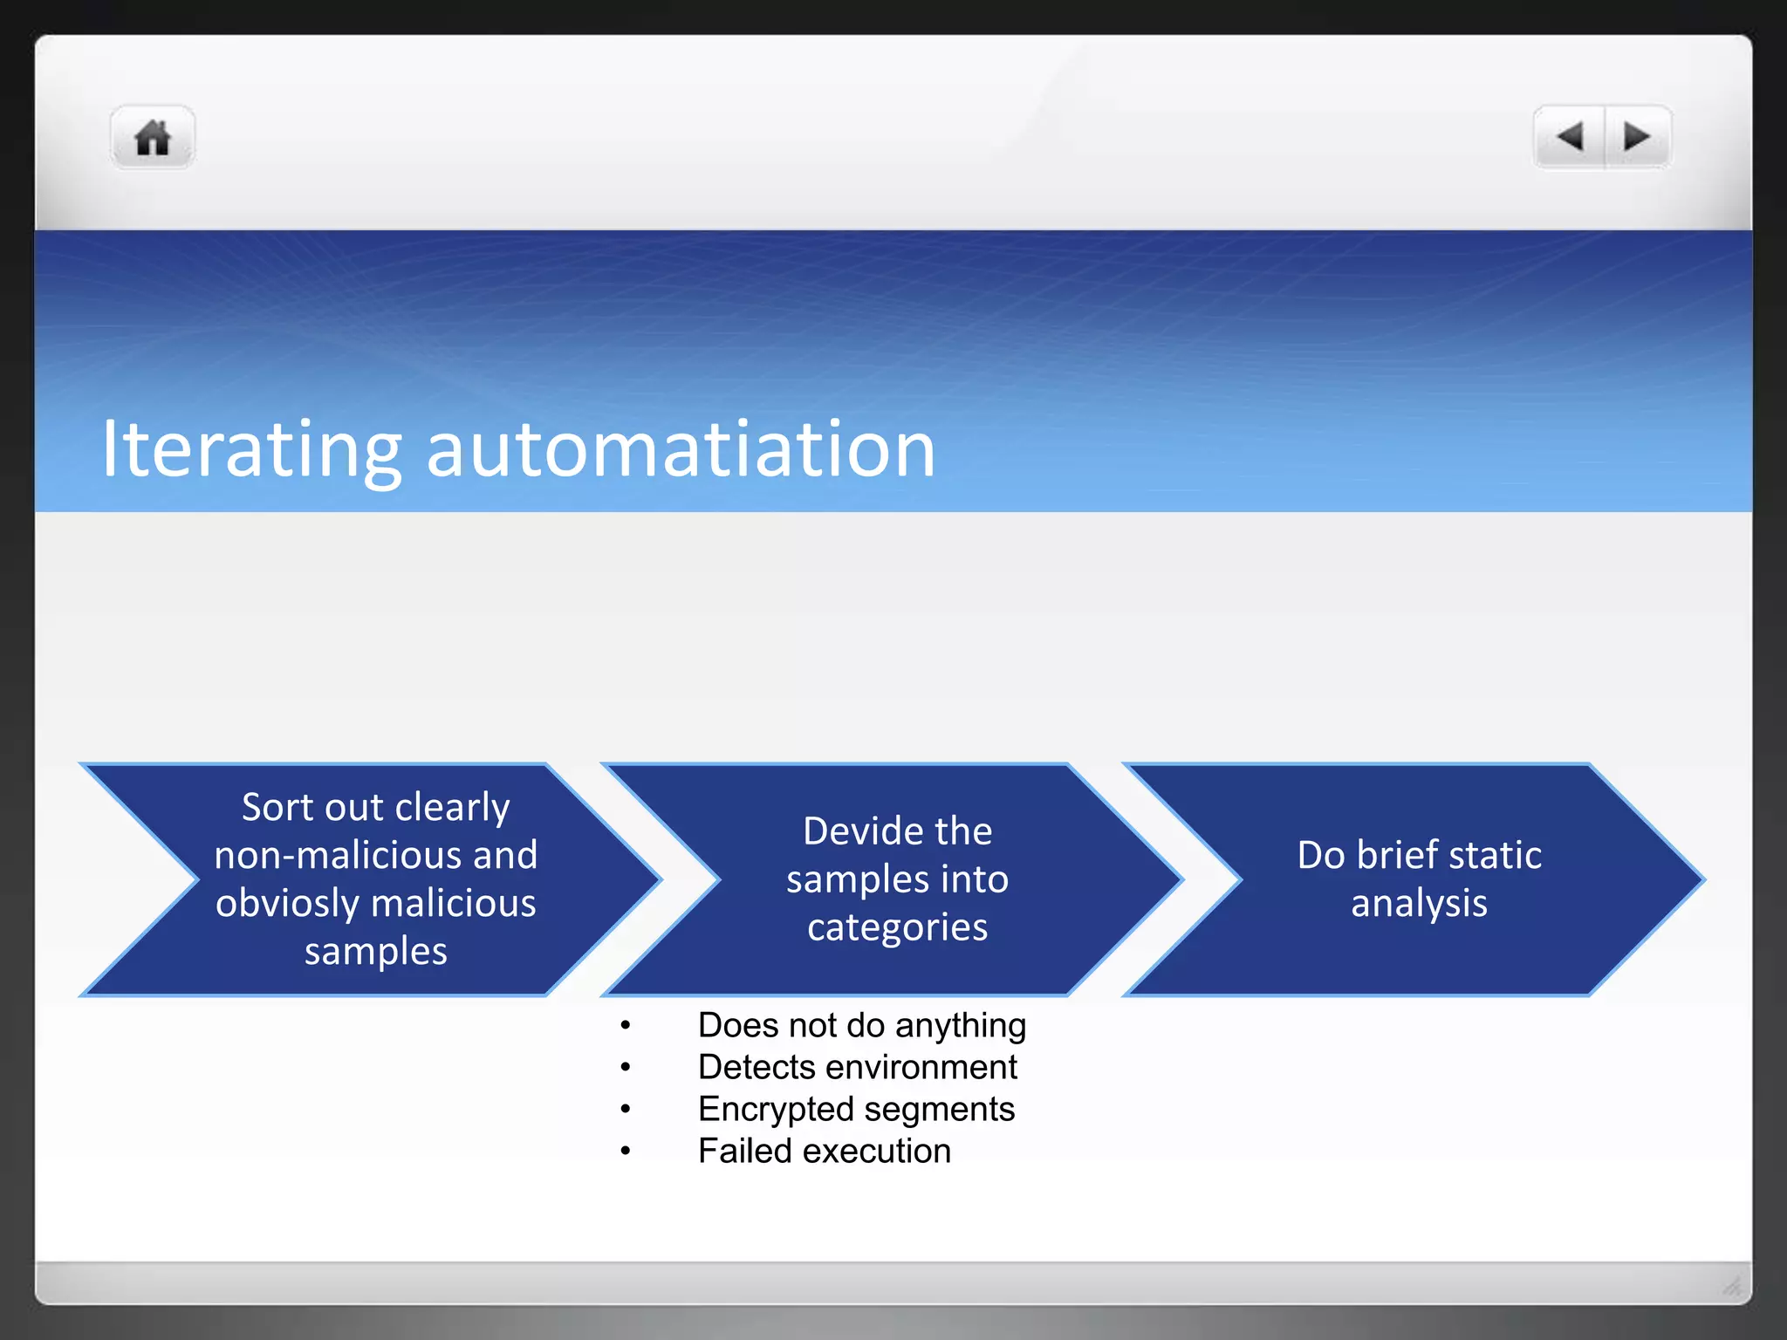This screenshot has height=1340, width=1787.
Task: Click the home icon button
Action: click(153, 138)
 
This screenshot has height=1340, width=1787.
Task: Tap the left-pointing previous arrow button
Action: click(1570, 137)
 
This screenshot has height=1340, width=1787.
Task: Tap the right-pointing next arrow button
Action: click(1636, 137)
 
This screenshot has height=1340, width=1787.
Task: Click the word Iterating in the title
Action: click(251, 451)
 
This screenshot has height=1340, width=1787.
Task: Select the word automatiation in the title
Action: click(681, 449)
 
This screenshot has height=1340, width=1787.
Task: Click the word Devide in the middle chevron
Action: click(856, 831)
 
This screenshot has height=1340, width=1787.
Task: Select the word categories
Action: click(897, 927)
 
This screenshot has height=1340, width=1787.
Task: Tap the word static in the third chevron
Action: click(1492, 855)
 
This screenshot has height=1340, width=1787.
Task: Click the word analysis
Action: click(1419, 903)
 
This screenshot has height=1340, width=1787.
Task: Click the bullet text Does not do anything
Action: click(861, 1025)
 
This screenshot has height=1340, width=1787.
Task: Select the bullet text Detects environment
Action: click(857, 1067)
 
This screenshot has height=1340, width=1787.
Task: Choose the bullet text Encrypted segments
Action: click(856, 1109)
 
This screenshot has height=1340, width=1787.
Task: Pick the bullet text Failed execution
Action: click(824, 1151)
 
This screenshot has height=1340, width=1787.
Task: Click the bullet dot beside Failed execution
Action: click(625, 1152)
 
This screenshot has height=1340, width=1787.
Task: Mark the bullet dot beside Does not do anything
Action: click(625, 1026)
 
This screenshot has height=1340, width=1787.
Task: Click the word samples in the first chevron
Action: click(375, 951)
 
